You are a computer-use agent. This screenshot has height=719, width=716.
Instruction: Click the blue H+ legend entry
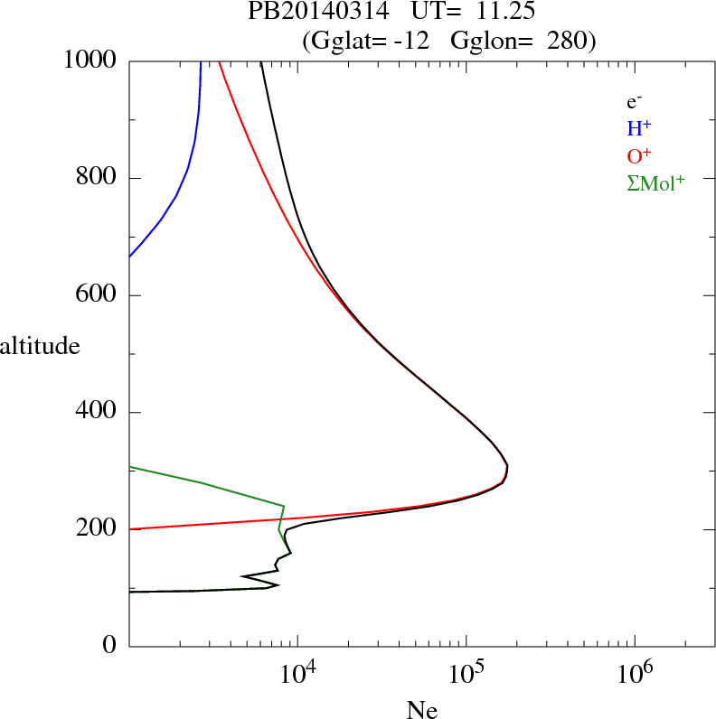point(640,129)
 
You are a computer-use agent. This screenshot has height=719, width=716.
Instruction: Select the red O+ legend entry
point(640,156)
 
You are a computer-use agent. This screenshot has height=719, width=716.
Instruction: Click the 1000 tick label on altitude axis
point(90,61)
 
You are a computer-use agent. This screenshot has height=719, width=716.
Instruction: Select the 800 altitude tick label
point(98,178)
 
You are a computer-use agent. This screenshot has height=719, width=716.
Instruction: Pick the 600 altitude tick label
point(98,295)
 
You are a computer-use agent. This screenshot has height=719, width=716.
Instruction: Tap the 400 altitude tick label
point(98,413)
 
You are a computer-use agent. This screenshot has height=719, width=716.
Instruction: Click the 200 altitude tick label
point(98,529)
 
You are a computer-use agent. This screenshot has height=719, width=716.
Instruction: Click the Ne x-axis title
point(422,710)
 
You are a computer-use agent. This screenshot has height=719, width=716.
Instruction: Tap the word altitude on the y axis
point(40,345)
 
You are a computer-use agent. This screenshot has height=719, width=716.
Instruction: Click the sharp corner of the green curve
point(284,506)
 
